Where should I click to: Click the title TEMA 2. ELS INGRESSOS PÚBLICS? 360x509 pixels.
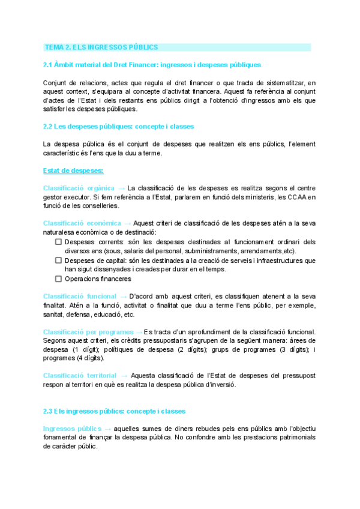point(101,47)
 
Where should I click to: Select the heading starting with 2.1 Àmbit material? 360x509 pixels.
point(152,64)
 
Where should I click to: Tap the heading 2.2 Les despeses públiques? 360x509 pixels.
point(118,127)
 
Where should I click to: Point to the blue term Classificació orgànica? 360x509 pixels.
point(79,188)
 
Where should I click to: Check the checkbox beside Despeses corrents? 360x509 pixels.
point(58,241)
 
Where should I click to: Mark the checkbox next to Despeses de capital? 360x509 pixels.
point(58,261)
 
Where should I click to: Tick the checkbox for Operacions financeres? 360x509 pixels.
point(58,279)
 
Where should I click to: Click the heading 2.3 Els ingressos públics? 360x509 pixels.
point(114,411)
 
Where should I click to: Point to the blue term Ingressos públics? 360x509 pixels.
point(72,429)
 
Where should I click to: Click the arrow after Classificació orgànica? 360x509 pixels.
point(122,188)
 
